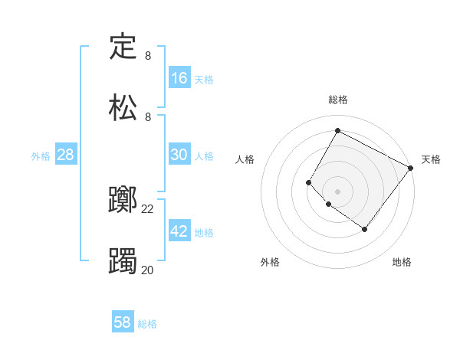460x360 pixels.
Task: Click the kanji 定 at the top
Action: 123,46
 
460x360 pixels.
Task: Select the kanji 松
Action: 123,106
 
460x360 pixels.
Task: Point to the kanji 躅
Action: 123,260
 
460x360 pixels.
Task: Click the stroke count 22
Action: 148,208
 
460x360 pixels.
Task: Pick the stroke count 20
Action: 148,269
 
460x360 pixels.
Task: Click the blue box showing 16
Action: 179,78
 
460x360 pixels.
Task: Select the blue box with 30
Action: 179,155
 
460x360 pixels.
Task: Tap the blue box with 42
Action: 179,231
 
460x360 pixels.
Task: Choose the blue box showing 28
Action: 66,155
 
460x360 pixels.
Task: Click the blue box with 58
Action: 123,322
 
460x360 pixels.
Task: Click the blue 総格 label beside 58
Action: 147,324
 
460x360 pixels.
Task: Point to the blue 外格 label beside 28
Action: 41,156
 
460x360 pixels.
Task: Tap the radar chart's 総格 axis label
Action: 338,100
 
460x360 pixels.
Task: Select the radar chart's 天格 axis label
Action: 432,159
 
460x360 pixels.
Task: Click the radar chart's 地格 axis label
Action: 402,262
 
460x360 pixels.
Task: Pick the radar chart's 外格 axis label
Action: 270,262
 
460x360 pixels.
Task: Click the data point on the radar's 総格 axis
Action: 337,130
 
